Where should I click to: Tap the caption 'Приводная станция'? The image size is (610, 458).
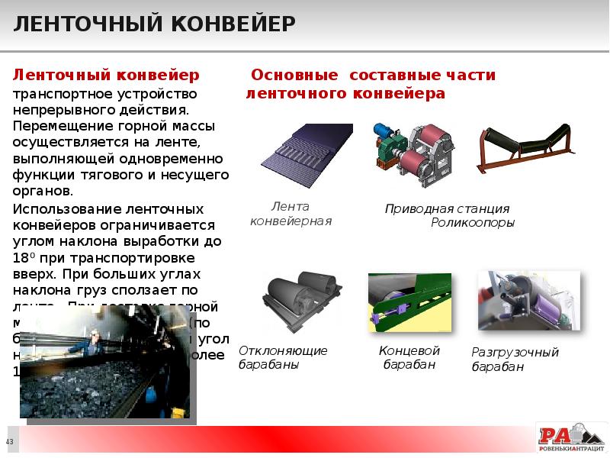[x=447, y=208]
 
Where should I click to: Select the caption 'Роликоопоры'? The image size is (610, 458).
[x=473, y=223]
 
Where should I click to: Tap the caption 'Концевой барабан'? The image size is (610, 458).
[x=409, y=357]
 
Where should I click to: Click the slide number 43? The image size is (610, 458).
[x=10, y=442]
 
